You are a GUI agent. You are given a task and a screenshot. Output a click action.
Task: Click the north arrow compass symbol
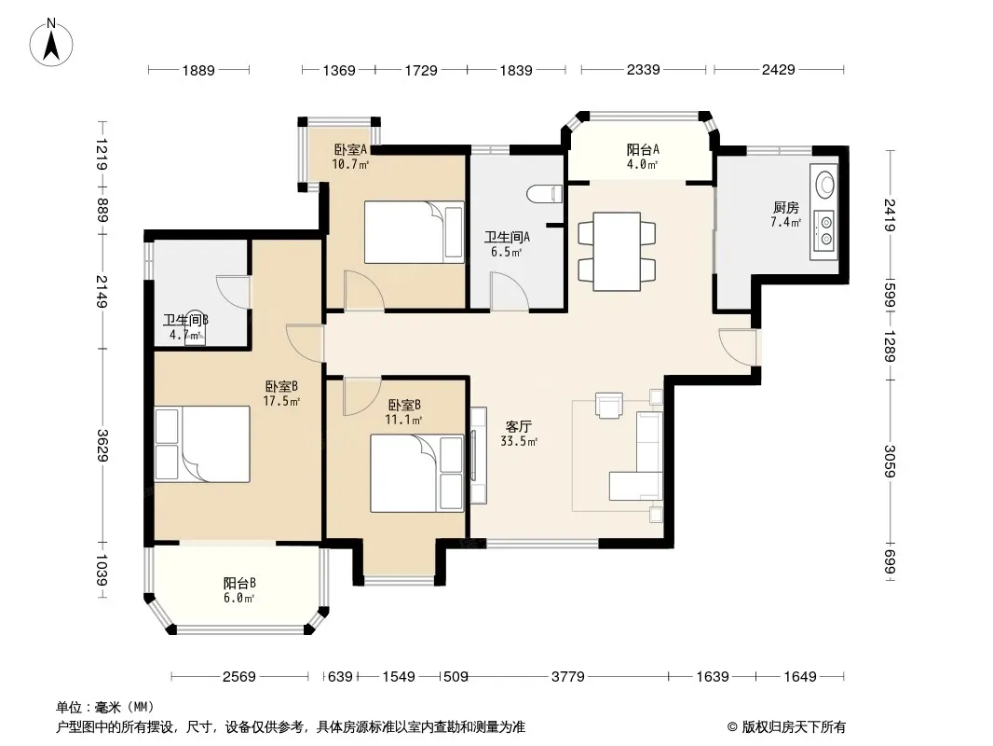coord(51,43)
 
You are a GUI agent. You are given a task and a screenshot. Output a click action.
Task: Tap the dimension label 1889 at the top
coord(198,70)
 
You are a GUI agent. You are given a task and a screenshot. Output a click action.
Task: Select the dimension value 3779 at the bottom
coord(568,676)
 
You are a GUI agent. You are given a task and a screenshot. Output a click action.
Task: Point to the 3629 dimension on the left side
coord(102,446)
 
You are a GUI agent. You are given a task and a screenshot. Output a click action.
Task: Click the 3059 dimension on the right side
coord(890,461)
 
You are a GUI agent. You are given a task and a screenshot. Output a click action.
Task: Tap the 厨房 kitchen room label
coord(786,207)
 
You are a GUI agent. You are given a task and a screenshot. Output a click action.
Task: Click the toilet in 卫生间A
coord(545,194)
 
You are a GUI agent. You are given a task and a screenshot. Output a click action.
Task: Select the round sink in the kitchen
coord(825,184)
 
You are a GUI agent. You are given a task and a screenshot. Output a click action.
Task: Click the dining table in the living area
coord(617,252)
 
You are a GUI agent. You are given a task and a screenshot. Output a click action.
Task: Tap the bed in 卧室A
coord(415,232)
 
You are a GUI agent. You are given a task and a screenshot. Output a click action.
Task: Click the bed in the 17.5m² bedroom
coord(202,444)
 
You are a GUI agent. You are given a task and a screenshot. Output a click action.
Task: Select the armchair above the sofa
coord(609,406)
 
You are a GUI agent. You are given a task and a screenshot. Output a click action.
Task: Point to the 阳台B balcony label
coord(239,583)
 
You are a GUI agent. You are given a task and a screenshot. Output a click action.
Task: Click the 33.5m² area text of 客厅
coord(519,442)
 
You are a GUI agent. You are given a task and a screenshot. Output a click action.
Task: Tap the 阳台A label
coord(643,149)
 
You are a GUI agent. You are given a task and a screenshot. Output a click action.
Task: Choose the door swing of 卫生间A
coord(510,292)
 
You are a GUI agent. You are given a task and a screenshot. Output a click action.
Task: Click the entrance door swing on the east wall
coord(738,347)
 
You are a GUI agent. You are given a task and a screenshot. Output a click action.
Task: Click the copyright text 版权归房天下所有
coord(794,727)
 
